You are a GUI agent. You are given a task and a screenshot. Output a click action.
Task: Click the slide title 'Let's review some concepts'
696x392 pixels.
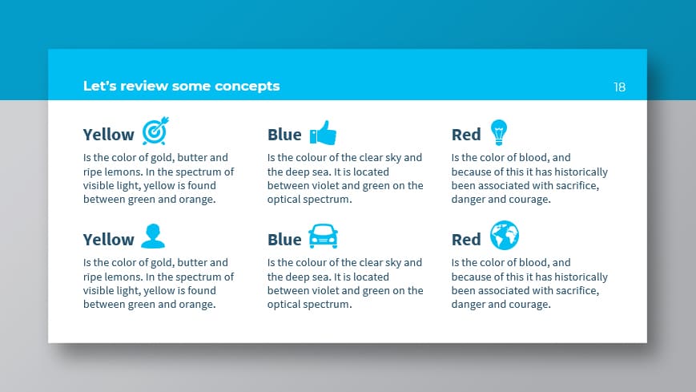click(181, 86)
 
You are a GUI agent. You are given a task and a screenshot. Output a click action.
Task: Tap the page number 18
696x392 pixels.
click(619, 87)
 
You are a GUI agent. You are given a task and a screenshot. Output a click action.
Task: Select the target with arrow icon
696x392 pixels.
click(155, 131)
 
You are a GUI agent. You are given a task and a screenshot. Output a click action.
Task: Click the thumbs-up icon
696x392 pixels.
click(323, 132)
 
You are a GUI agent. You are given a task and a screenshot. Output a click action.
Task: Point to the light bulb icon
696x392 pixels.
click(499, 131)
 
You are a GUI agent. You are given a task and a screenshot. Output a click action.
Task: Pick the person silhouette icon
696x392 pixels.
click(152, 236)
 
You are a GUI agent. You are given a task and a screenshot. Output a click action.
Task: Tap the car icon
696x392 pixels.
click(323, 236)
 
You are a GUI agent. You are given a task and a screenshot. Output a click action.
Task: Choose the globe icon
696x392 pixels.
click(505, 236)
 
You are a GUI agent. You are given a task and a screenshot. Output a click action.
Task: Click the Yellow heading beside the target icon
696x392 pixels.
click(109, 135)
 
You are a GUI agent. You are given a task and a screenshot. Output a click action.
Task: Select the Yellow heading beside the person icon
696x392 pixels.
click(109, 240)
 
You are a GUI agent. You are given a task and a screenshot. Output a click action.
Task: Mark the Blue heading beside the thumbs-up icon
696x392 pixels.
click(284, 135)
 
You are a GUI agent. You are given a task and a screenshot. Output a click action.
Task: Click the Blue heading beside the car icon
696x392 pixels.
click(284, 240)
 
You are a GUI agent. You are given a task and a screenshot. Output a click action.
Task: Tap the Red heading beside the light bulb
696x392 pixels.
click(466, 135)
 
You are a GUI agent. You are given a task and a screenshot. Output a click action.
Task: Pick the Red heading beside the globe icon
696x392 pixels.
click(466, 240)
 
